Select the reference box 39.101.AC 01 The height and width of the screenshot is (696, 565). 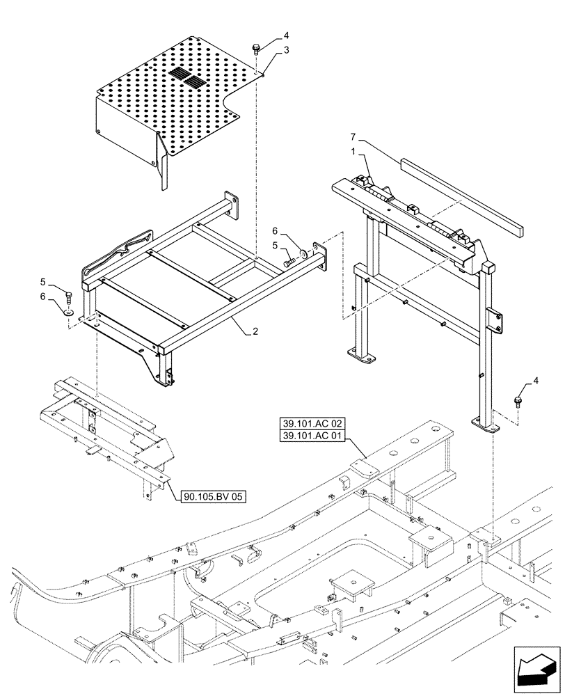click(312, 436)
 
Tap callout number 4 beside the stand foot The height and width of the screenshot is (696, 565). click(535, 380)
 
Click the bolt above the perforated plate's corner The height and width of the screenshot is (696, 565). click(256, 49)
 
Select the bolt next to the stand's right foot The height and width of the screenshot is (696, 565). click(518, 401)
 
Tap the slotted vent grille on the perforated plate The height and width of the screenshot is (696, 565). click(186, 77)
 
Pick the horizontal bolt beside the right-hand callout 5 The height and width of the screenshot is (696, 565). click(289, 263)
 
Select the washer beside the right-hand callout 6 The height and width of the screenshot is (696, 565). click(303, 253)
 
